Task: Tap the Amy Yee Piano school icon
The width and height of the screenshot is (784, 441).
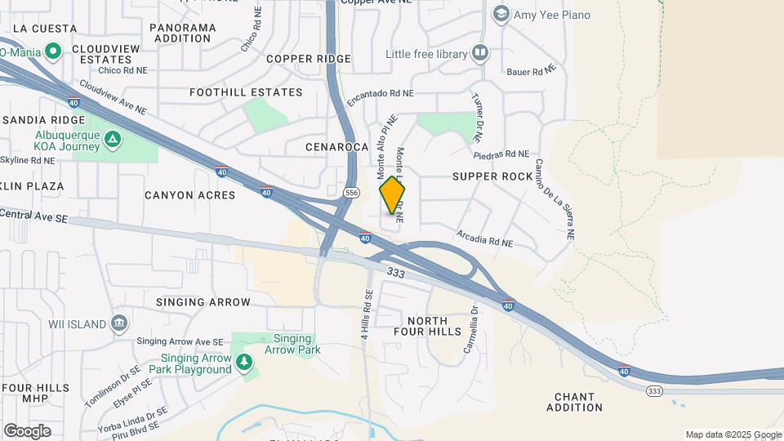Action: pos(501,14)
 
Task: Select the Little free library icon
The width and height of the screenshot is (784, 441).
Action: pos(480,55)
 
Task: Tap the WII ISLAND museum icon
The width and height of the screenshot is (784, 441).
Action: pos(120,324)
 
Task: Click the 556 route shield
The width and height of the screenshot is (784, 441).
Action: pos(351,193)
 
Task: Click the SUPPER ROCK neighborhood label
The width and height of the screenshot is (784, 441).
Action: pos(492,176)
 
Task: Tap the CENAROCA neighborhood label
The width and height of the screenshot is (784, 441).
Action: pos(337,148)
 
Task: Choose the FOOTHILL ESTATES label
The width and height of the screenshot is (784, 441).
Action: pos(234,92)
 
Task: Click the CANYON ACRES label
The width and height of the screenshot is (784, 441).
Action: pos(189,195)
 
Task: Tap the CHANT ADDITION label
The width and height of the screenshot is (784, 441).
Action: pos(578,402)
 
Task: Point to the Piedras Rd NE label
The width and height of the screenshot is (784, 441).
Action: pos(501,154)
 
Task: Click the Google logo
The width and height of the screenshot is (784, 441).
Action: pos(27,431)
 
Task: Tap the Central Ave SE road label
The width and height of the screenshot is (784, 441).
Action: pos(33,216)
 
